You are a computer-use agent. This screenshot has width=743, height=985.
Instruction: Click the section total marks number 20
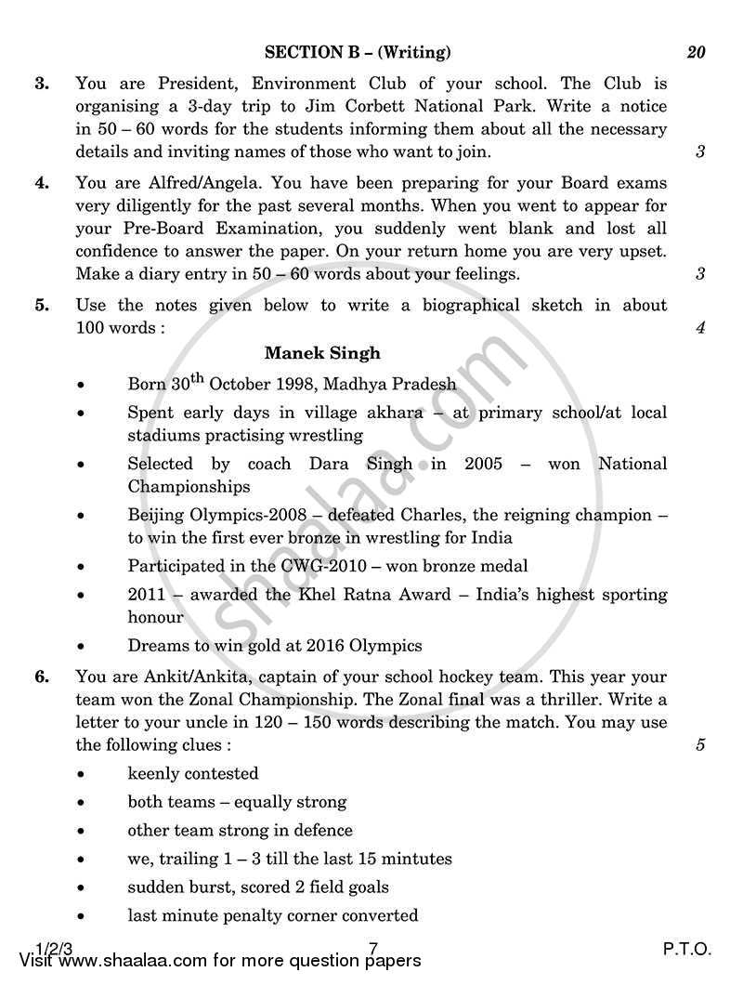pyautogui.click(x=696, y=52)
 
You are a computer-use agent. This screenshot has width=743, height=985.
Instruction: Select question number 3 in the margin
pyautogui.click(x=42, y=84)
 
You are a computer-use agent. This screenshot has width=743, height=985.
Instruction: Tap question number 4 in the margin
pyautogui.click(x=42, y=183)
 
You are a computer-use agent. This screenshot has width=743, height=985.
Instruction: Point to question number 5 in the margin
pyautogui.click(x=42, y=305)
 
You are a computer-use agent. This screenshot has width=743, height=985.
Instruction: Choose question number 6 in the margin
pyautogui.click(x=42, y=676)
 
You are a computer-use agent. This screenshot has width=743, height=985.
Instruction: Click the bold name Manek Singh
pyautogui.click(x=322, y=353)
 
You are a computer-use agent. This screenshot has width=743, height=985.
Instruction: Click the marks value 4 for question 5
pyautogui.click(x=700, y=327)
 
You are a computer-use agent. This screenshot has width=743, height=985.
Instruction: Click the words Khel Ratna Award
pyautogui.click(x=319, y=594)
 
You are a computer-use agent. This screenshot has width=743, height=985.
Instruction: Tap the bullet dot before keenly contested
pyautogui.click(x=84, y=775)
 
